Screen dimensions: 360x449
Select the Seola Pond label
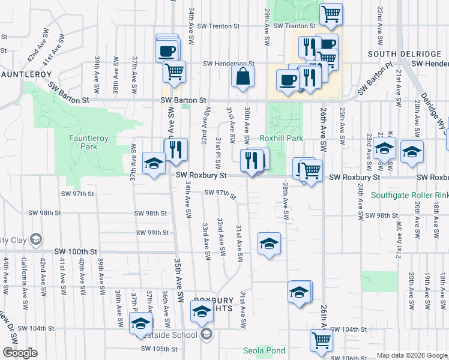263,350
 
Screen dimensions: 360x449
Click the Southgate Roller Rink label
409,195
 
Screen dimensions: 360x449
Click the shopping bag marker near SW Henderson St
243,77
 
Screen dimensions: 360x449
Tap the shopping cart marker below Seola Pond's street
321,340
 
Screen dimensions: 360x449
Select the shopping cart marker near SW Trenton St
331,14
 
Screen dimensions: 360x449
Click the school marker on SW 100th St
269,243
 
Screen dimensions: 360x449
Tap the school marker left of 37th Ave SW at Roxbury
154,163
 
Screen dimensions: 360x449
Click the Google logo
20,353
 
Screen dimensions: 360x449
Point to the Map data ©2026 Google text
411,355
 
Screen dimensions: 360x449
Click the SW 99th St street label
151,232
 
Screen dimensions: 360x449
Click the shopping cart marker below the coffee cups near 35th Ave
174,71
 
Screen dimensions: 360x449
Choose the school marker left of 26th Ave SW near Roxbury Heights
300,292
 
